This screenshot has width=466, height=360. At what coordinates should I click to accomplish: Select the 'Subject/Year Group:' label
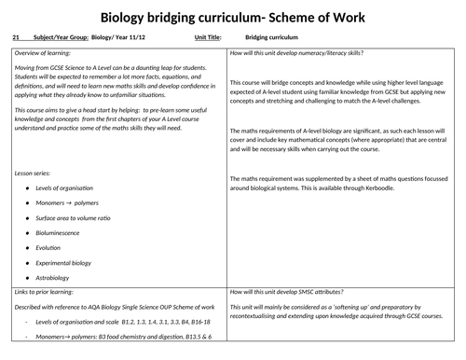(x=62, y=39)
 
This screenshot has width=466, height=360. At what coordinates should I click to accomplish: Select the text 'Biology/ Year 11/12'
(x=123, y=39)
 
